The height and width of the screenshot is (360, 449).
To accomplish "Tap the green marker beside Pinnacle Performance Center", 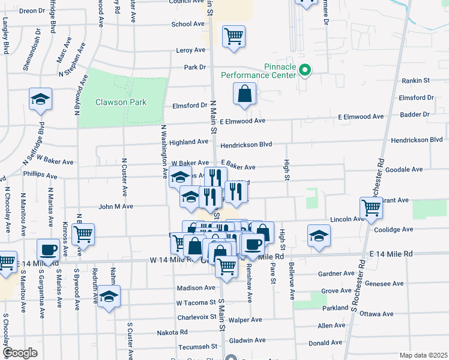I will (x=305, y=71).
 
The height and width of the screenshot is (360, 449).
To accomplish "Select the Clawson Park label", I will (x=121, y=102).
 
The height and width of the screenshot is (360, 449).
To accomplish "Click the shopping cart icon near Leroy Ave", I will (x=234, y=36).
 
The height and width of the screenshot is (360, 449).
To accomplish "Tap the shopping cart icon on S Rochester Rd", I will (x=372, y=208).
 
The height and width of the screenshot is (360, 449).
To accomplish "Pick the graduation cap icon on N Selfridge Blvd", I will (x=41, y=99).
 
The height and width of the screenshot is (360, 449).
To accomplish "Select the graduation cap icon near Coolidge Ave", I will (x=319, y=236).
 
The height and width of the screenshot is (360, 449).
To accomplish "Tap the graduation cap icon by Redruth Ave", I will (x=109, y=296).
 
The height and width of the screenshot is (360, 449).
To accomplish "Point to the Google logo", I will (x=20, y=353).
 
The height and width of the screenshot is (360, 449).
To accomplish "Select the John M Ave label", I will (x=115, y=206).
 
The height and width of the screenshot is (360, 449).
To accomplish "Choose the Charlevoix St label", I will (x=196, y=317).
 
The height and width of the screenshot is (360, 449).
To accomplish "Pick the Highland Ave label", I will (x=188, y=142).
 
